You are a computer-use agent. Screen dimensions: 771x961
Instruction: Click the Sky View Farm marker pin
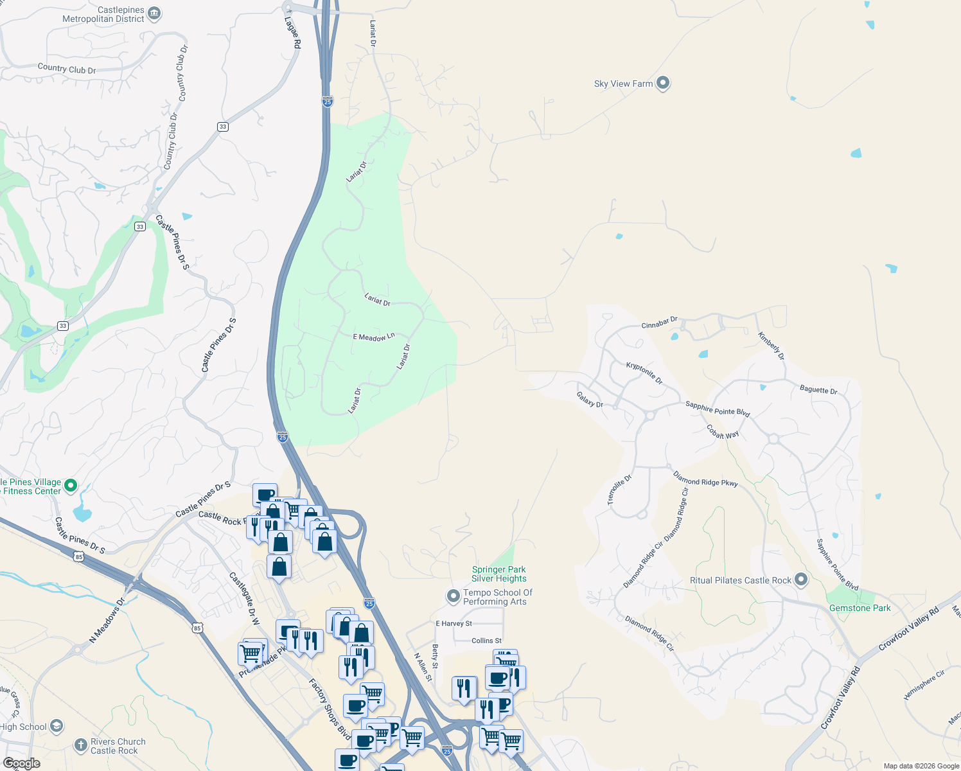(663, 84)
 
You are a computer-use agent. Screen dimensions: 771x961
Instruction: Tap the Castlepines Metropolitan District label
(103, 15)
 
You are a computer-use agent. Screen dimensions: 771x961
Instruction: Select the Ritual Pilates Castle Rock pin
(800, 580)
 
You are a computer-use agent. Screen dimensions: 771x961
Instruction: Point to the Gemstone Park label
(860, 608)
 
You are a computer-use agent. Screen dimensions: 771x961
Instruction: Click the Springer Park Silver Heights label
(498, 574)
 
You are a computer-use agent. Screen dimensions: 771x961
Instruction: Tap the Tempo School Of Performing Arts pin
(454, 597)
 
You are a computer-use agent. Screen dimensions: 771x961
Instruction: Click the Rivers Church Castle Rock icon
(80, 745)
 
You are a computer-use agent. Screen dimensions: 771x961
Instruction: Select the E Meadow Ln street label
(374, 337)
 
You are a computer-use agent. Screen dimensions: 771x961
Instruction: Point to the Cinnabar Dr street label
(659, 323)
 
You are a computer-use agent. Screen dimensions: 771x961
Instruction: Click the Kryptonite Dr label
(644, 373)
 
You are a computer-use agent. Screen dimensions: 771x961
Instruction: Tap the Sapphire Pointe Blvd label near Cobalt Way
(718, 409)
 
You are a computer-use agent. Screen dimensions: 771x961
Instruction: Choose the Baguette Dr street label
(818, 389)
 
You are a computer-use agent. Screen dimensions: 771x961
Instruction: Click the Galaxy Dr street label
(590, 400)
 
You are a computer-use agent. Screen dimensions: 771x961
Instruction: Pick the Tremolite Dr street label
(620, 490)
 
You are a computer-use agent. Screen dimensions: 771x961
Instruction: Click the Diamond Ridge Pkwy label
(705, 479)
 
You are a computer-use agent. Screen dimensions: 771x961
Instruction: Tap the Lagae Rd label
(293, 32)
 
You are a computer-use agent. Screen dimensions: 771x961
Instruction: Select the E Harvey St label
(454, 623)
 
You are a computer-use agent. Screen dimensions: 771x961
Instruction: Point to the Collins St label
(486, 641)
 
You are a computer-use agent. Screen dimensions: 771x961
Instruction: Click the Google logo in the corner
(21, 763)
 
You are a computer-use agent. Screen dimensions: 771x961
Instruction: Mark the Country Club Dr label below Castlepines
(66, 68)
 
